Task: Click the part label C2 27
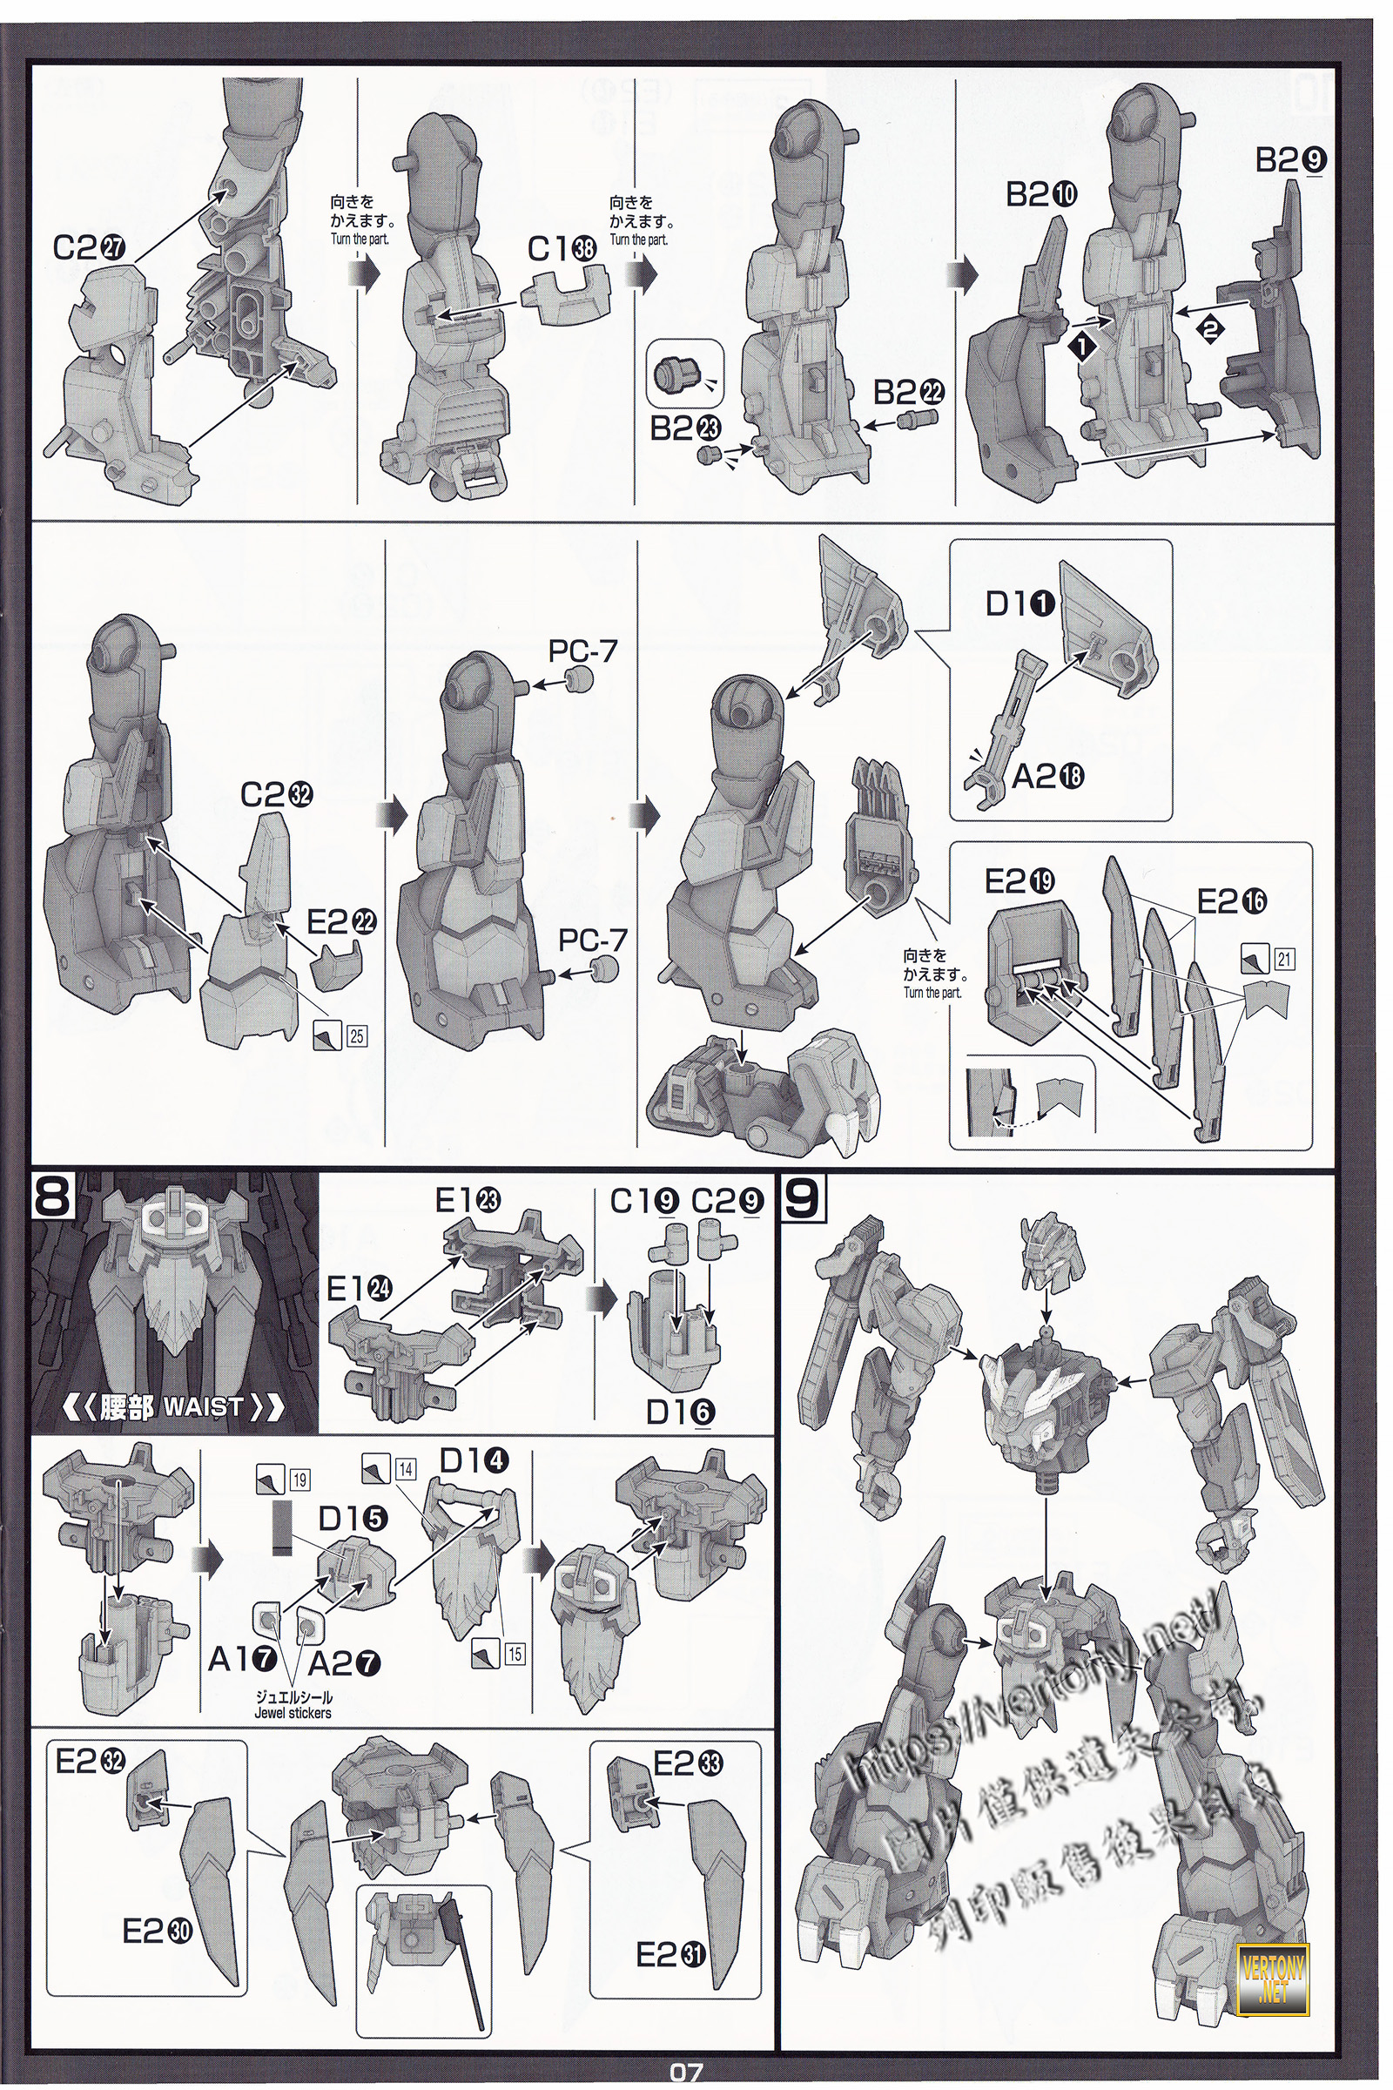coord(90,248)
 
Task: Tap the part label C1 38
coord(562,250)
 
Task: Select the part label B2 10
coord(1041,194)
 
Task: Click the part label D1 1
coord(1020,604)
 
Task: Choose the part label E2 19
coord(1020,881)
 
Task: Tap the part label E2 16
coord(1232,902)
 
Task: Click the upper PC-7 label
coord(582,651)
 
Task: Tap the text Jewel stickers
coord(293,1712)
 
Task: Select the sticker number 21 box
coord(1283,959)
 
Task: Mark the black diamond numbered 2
coord(1210,329)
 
